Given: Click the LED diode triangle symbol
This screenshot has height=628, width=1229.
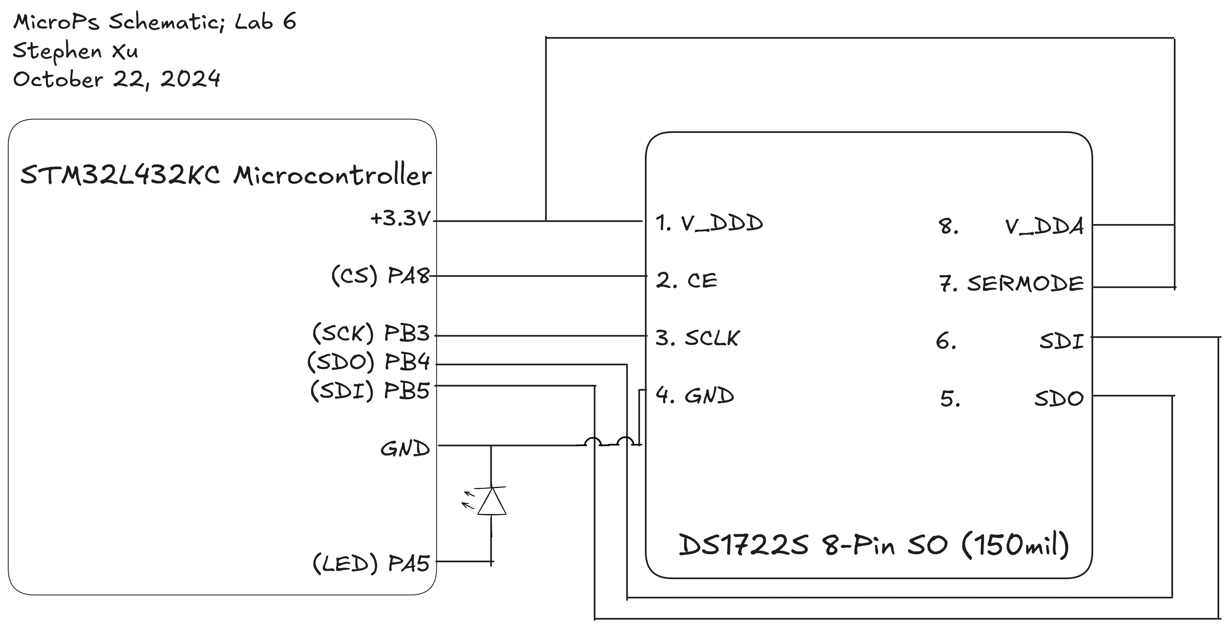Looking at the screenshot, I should pos(492,502).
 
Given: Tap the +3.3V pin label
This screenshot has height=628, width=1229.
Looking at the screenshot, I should pos(400,219).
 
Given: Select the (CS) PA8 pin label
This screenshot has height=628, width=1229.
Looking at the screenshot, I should pos(380,276).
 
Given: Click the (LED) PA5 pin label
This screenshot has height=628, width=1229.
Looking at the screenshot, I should pos(371,564).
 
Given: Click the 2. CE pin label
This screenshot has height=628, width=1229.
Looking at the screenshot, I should pos(686,280).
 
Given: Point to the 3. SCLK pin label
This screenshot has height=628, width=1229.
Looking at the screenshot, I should pos(697,338).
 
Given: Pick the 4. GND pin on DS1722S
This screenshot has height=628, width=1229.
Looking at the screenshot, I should pos(695,395).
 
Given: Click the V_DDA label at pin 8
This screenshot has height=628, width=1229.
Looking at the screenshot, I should pos(1044,227).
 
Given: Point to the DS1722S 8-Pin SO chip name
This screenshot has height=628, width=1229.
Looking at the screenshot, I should pos(873,545).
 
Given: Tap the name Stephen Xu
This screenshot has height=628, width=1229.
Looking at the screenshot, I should pos(75,50).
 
